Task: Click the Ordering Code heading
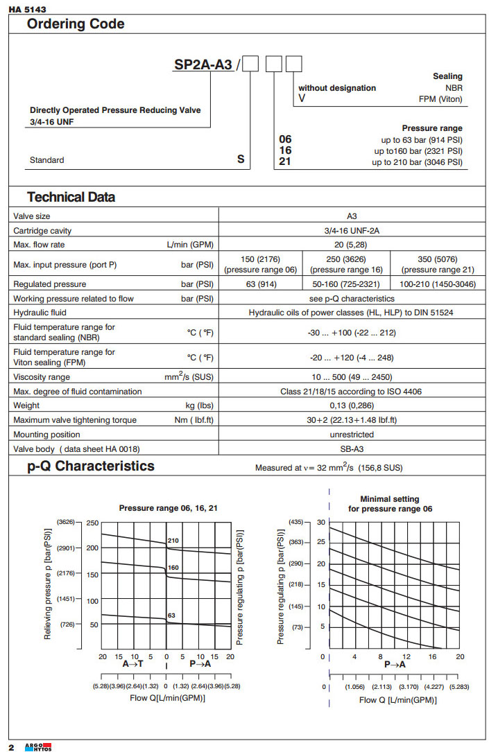(x=76, y=24)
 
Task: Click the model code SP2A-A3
(x=203, y=66)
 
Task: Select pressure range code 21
(x=284, y=162)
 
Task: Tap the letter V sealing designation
(x=302, y=99)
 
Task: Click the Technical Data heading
(x=71, y=197)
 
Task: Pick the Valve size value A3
(x=352, y=216)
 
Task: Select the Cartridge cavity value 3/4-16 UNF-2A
(x=352, y=231)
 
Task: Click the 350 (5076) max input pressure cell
(x=438, y=264)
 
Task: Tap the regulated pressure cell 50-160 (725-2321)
(x=347, y=284)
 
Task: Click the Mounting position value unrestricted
(x=352, y=435)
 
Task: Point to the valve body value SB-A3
(x=352, y=449)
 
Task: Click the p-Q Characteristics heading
(x=91, y=466)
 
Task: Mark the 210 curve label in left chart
(x=173, y=541)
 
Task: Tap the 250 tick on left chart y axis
(x=93, y=523)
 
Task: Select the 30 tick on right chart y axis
(x=320, y=522)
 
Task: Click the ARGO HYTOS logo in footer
(x=38, y=746)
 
